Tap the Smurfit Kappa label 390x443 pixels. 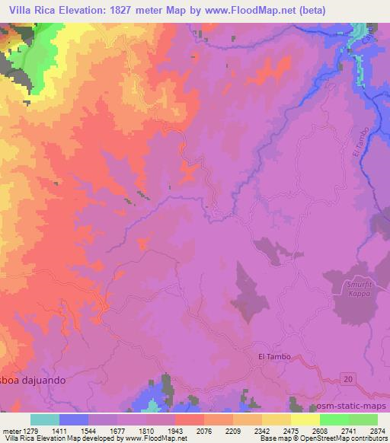click(353, 288)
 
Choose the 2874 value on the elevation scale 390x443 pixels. click(376, 431)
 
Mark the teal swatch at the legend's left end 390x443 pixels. click(44, 419)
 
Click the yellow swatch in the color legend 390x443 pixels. click(305, 419)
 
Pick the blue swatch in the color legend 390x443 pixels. click(73, 419)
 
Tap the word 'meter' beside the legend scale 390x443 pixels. click(11, 431)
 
